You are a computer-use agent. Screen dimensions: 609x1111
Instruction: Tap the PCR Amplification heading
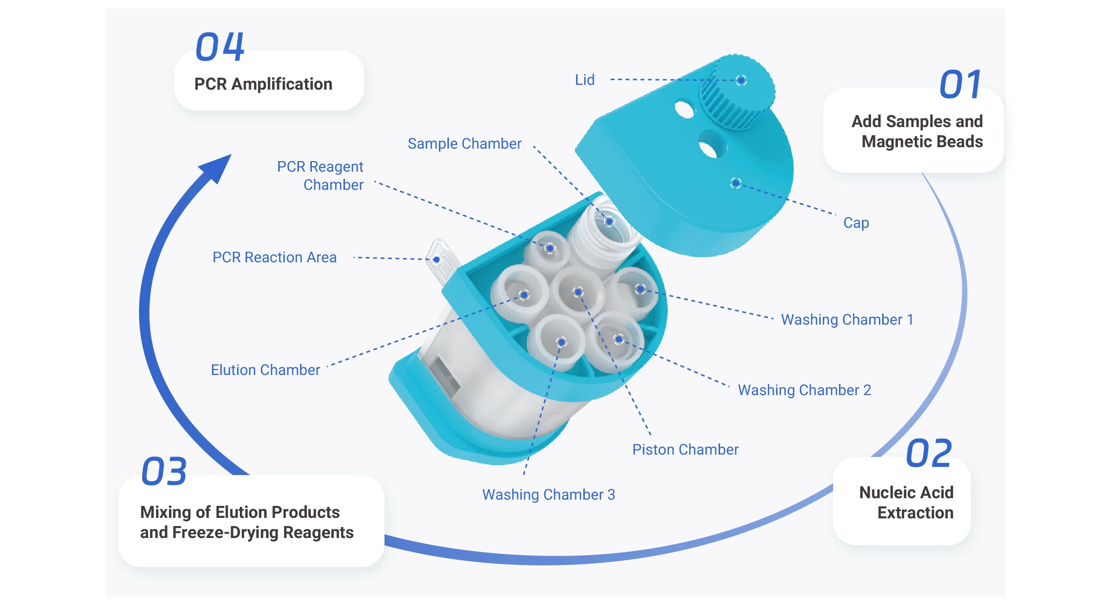[263, 84]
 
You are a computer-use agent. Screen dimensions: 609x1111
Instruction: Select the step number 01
[960, 85]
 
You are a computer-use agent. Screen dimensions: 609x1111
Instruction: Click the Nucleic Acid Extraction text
[906, 503]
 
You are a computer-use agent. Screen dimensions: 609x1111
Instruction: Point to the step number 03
[164, 471]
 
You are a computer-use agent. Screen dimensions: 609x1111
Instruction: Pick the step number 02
[929, 454]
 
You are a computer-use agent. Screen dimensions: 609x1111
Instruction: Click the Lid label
[585, 80]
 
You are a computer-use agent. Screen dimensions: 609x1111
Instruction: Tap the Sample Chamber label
[464, 143]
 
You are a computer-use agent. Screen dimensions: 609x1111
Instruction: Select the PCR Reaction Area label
[274, 258]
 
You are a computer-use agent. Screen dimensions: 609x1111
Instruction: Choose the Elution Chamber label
[265, 370]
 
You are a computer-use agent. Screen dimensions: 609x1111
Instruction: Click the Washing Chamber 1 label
[847, 319]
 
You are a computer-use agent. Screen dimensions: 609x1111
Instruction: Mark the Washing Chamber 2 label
[804, 390]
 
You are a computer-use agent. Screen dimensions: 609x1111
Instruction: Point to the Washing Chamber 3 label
[548, 494]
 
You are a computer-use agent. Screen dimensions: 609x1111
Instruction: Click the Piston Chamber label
[685, 449]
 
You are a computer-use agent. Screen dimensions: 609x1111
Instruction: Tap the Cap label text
[856, 223]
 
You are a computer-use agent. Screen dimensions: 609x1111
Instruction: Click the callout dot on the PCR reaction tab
[437, 260]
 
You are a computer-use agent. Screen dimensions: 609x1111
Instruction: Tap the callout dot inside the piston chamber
[578, 292]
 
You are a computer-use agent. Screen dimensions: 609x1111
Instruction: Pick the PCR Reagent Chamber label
[320, 176]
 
